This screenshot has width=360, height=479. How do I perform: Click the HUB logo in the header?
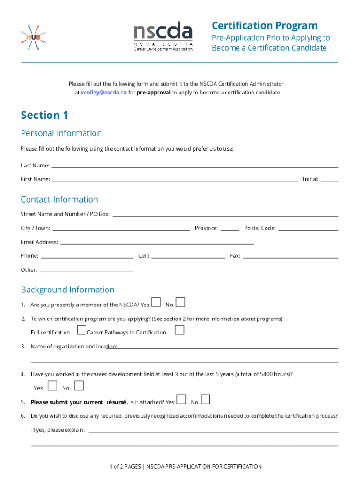[x=33, y=37]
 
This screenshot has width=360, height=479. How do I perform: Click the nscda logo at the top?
[x=163, y=36]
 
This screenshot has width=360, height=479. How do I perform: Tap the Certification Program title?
[x=264, y=26]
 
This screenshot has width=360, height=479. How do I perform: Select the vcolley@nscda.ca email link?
[x=103, y=93]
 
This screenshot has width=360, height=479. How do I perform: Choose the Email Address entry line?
[x=157, y=243]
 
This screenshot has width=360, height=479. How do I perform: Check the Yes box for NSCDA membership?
[x=157, y=302]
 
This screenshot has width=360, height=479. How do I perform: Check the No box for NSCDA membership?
[x=180, y=302]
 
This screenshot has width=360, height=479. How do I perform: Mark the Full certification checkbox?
[x=81, y=330]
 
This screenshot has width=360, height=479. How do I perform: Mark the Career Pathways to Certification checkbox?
[x=180, y=330]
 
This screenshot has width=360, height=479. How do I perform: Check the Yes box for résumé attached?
[x=181, y=399]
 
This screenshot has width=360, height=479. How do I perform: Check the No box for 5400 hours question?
[x=79, y=386]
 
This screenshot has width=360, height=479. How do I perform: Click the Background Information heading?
[x=67, y=290]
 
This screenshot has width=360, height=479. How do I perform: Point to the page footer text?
[x=186, y=466]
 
